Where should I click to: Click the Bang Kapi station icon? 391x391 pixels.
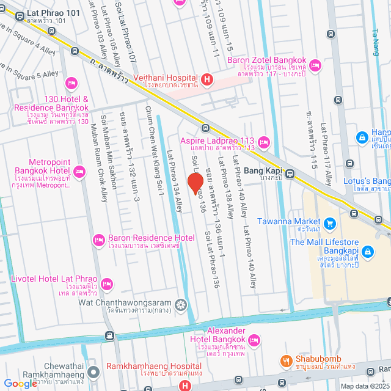click(290, 172)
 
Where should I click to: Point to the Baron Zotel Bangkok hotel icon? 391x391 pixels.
click(315, 64)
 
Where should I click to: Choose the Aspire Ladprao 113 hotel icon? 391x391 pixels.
click(263, 142)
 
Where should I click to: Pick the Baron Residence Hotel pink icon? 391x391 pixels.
click(98, 238)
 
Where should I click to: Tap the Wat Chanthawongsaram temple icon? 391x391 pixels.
click(180, 304)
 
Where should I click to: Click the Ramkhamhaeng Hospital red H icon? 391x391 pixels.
click(185, 385)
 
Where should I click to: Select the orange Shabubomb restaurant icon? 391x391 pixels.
click(285, 361)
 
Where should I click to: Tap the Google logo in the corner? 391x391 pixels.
click(21, 383)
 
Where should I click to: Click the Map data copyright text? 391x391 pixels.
click(364, 386)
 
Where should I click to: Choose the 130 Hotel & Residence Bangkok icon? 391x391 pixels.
click(71, 82)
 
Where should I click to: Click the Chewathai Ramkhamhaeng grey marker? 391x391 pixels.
click(93, 371)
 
